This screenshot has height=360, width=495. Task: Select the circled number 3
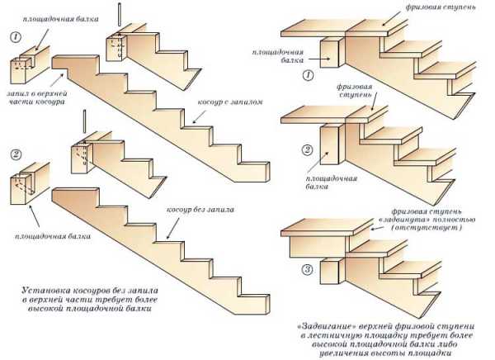point(307,270)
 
